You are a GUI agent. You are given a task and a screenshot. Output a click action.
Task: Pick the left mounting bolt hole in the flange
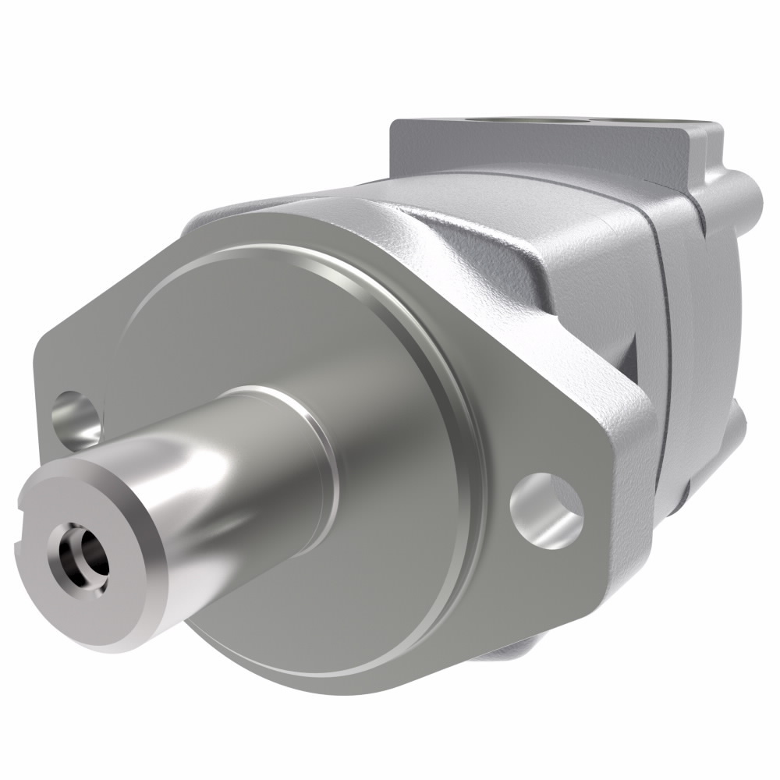point(76,417)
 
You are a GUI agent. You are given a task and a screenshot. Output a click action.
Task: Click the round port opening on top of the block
point(546,122)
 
